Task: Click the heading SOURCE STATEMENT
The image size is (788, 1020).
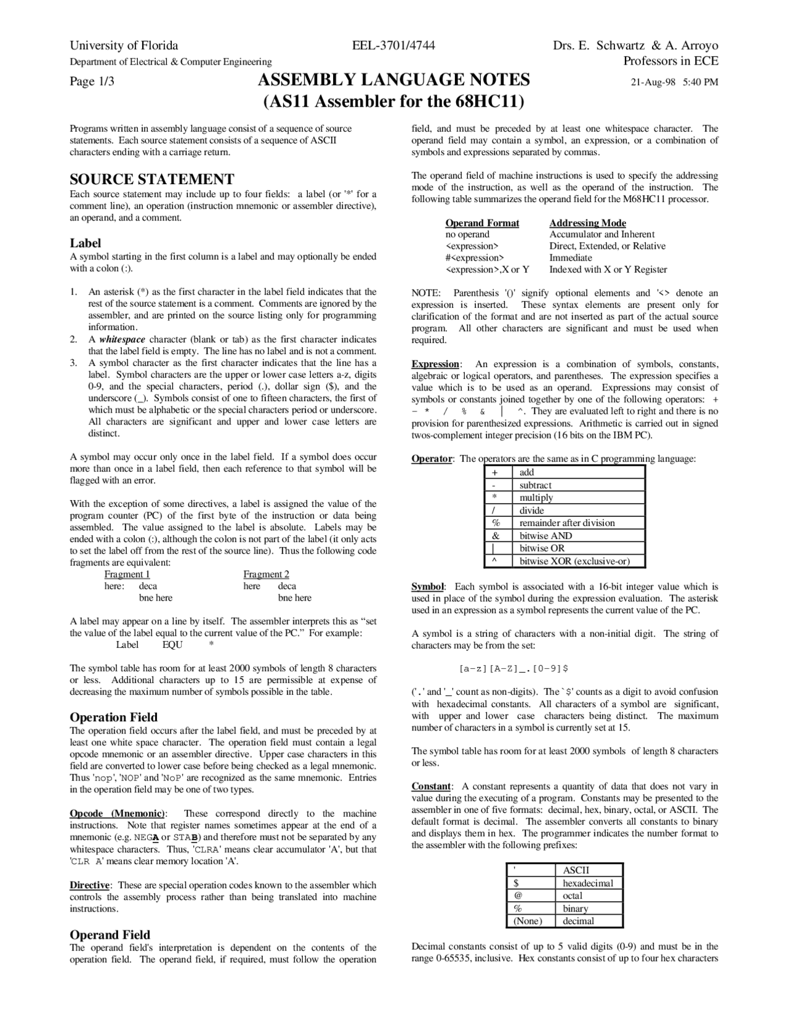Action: pos(151,179)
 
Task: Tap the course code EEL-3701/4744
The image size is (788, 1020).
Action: pos(393,46)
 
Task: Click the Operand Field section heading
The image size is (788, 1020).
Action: pos(110,934)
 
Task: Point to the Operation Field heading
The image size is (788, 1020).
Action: pos(113,717)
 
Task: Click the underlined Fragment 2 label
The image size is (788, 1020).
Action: pos(266,574)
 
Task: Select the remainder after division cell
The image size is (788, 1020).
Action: pos(567,523)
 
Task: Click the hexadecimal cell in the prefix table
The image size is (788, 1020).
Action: pos(588,883)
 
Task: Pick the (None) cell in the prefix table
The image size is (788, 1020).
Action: pos(528,921)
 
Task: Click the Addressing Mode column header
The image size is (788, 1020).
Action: pos(587,223)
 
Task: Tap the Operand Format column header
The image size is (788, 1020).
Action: pos(482,223)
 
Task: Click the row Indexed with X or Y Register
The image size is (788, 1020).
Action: pos(608,269)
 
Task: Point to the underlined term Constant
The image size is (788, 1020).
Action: pos(431,786)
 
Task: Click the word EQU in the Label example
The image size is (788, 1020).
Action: pos(172,645)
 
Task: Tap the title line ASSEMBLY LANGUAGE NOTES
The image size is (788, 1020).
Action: pos(393,80)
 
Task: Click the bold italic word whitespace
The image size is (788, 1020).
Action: pos(122,339)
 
